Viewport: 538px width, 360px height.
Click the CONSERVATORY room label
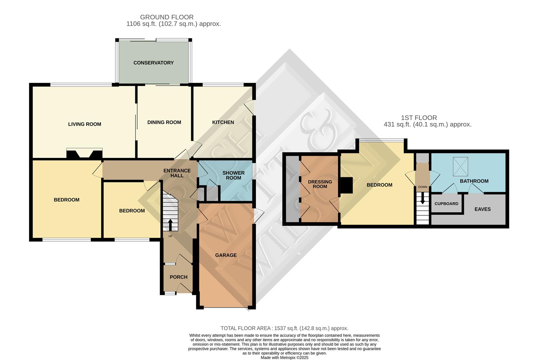(x=154, y=63)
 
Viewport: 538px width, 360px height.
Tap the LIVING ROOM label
(x=85, y=124)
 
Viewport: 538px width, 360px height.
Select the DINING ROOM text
(x=164, y=122)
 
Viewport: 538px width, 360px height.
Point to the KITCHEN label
(x=223, y=122)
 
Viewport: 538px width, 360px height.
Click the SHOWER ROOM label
(x=234, y=175)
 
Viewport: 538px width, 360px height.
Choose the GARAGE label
(x=226, y=255)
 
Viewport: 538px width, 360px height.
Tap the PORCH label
(x=179, y=277)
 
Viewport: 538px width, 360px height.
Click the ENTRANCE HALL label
(x=177, y=173)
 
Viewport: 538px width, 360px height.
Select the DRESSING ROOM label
(x=320, y=184)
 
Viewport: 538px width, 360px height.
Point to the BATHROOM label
(x=474, y=181)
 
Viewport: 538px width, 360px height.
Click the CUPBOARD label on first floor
(x=446, y=204)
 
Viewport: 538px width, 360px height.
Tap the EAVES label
(x=482, y=209)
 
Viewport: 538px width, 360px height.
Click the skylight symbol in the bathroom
(x=460, y=167)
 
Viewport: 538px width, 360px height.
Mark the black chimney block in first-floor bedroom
(x=346, y=185)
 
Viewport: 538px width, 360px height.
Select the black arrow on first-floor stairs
(x=422, y=199)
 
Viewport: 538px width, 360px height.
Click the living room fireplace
(x=85, y=154)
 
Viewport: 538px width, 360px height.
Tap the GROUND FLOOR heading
(x=167, y=17)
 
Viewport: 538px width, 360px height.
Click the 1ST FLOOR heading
(x=419, y=118)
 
